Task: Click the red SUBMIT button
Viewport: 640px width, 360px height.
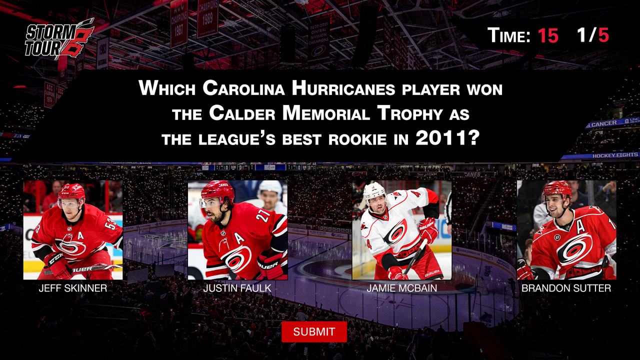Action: pyautogui.click(x=314, y=331)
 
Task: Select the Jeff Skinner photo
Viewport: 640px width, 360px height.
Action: pyautogui.click(x=73, y=229)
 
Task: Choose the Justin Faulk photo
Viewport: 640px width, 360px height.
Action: pyautogui.click(x=237, y=229)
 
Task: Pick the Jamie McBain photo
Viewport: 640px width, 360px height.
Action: pyautogui.click(x=401, y=229)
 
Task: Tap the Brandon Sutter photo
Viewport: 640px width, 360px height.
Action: pyautogui.click(x=566, y=229)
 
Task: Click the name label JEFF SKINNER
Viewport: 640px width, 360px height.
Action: pyautogui.click(x=73, y=288)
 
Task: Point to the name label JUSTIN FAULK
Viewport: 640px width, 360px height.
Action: pyautogui.click(x=237, y=288)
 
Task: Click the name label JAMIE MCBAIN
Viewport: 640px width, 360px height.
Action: pyautogui.click(x=401, y=288)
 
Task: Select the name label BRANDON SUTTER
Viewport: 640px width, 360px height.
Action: pyautogui.click(x=566, y=288)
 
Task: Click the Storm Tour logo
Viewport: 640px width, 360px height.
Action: pyautogui.click(x=59, y=38)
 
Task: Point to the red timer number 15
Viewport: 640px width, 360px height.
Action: pyautogui.click(x=548, y=35)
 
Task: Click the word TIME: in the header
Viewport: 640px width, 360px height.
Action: pyautogui.click(x=508, y=35)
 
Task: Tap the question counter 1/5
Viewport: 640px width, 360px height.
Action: pyautogui.click(x=593, y=35)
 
